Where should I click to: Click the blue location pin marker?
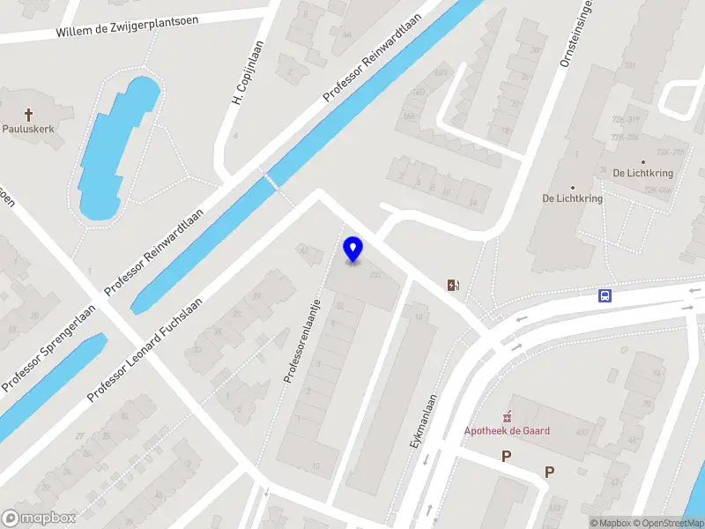click(x=353, y=249)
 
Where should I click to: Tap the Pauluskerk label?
click(x=29, y=129)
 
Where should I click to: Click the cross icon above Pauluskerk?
click(x=29, y=114)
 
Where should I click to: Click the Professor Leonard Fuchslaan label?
click(x=145, y=350)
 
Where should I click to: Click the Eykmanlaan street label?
click(x=426, y=422)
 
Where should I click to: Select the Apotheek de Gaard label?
click(x=507, y=430)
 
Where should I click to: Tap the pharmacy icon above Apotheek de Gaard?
click(x=507, y=416)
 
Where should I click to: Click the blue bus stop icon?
click(x=605, y=296)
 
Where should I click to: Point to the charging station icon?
click(x=453, y=284)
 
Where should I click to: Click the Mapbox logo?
click(x=38, y=518)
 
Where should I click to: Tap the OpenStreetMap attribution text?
click(x=668, y=523)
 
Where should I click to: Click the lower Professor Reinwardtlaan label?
click(x=154, y=251)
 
